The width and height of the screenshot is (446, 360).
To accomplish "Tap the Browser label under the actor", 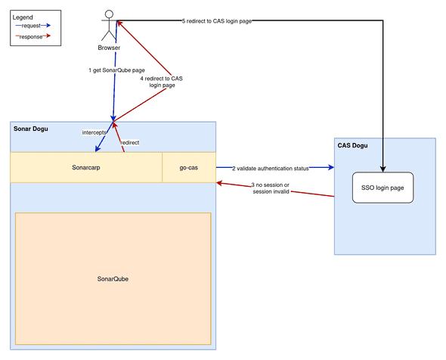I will (x=109, y=48).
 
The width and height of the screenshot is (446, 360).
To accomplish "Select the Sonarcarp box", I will (x=86, y=167).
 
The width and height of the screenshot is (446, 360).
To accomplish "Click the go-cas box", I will (x=188, y=167).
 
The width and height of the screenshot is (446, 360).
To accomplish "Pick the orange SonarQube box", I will (x=112, y=278).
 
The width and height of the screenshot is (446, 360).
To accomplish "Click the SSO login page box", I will (x=383, y=187).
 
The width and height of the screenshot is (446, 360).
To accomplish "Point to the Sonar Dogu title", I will (x=31, y=129).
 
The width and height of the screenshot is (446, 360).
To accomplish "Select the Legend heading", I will (x=23, y=17).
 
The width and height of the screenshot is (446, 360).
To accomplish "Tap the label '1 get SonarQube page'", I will (x=113, y=71).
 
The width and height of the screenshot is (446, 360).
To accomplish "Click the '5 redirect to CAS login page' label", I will (x=216, y=20).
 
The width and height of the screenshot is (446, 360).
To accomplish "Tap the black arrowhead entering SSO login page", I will (x=383, y=168).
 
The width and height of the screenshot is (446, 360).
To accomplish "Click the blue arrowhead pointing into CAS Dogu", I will (x=330, y=167).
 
